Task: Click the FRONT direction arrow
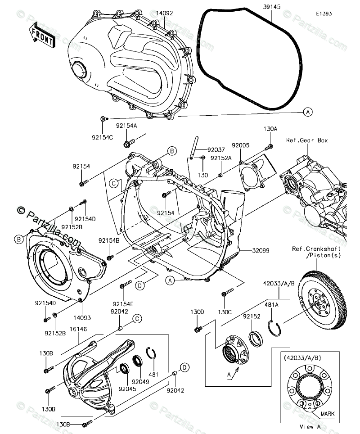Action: pyautogui.click(x=42, y=37)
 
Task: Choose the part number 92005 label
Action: pyautogui.click(x=241, y=146)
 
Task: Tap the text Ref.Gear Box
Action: pyautogui.click(x=307, y=140)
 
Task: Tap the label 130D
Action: pyautogui.click(x=197, y=312)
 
